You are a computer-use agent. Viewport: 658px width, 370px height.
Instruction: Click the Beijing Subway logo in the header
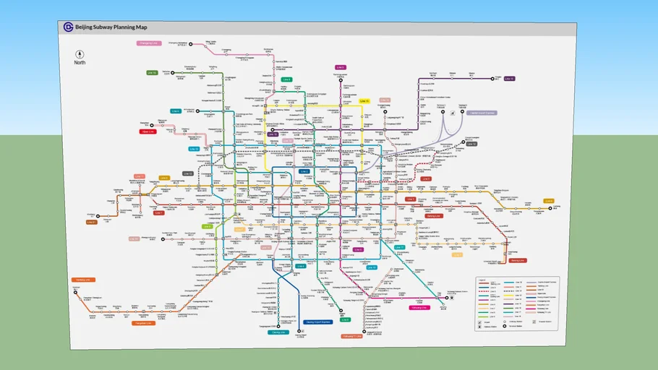pos(68,27)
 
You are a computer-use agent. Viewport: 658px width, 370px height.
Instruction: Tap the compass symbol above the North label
pos(80,54)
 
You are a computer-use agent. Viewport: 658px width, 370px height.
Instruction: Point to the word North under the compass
pos(80,63)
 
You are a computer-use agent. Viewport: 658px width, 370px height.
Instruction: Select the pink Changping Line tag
pos(148,43)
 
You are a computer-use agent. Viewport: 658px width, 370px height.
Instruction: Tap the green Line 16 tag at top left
pos(152,72)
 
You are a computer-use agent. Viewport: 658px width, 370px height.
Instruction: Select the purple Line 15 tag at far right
pos(509,78)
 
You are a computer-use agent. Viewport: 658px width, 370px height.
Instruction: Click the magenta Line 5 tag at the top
pos(340,67)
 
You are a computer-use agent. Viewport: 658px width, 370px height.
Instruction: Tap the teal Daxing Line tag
pos(278,332)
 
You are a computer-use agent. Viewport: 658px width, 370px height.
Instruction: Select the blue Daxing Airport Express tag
pos(317,323)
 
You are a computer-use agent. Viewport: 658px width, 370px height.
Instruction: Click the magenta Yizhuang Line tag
pos(419,307)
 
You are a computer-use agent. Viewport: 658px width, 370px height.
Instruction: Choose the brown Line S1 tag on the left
pos(91,222)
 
